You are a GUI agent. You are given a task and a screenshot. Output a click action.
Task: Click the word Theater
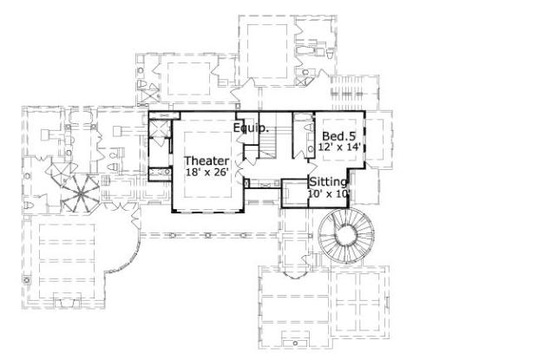(207, 160)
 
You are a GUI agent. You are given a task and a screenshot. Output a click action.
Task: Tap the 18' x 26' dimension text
(207, 172)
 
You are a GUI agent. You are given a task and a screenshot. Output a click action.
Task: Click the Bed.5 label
(338, 136)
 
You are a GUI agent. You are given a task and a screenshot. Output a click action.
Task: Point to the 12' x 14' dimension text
(340, 147)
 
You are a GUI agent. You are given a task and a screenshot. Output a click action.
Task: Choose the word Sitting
(329, 182)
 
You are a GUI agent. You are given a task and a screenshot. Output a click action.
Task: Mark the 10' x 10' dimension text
(329, 194)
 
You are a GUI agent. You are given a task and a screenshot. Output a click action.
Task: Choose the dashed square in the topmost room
(270, 43)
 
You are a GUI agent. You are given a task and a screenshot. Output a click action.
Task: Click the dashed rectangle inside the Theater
(207, 165)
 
